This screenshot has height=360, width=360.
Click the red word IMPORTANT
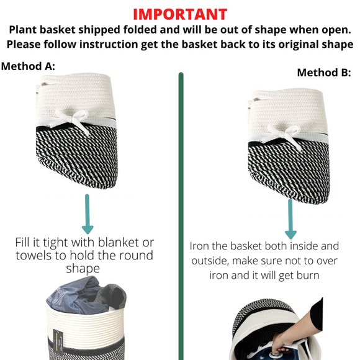tap(180, 14)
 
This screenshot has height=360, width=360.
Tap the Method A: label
tap(28, 66)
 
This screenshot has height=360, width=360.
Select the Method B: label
tap(324, 73)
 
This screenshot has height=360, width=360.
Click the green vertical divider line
tap(181, 216)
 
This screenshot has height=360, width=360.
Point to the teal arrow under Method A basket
tap(88, 214)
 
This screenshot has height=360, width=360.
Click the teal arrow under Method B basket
tap(290, 219)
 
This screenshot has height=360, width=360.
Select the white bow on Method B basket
tap(284, 135)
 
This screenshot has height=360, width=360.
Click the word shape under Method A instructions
tap(83, 269)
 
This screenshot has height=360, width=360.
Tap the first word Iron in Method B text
tap(199, 246)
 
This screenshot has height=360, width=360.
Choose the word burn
tap(308, 275)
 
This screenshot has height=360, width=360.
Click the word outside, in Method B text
tap(210, 261)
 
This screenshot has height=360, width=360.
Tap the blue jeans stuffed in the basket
tap(78, 296)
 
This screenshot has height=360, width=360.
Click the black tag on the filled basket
tap(58, 342)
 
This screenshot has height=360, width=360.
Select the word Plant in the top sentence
tap(23, 30)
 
